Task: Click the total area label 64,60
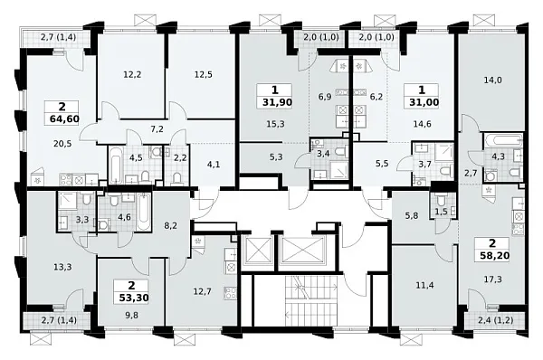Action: (65, 119)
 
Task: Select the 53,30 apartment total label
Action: (131, 298)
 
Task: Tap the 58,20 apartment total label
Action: (494, 255)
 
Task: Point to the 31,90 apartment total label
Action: (277, 102)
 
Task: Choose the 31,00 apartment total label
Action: (424, 102)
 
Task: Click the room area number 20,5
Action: (62, 143)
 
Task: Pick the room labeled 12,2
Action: (132, 74)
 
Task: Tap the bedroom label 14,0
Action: (493, 81)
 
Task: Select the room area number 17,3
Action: (493, 279)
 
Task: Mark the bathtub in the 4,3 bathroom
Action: (504, 141)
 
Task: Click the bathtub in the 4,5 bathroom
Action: (116, 166)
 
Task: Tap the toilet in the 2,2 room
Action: (176, 178)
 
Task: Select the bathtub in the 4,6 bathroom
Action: (144, 213)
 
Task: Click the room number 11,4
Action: (425, 285)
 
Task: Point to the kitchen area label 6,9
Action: (325, 97)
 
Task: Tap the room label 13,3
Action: (62, 267)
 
